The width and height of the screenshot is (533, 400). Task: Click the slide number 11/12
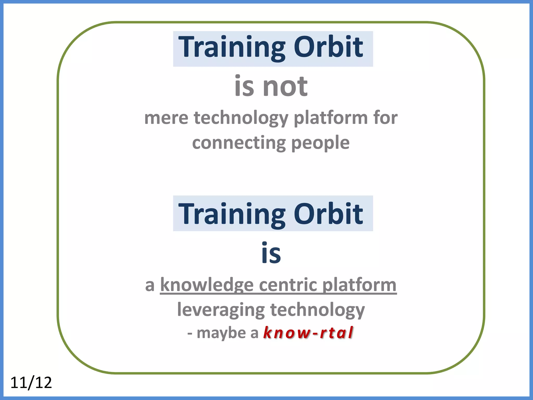(31, 383)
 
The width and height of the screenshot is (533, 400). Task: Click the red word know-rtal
(308, 333)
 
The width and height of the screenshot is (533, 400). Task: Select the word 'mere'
(166, 118)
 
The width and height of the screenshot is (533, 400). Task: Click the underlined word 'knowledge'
(207, 285)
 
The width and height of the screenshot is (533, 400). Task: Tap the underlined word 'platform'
(359, 285)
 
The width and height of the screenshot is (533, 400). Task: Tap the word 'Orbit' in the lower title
(328, 214)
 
